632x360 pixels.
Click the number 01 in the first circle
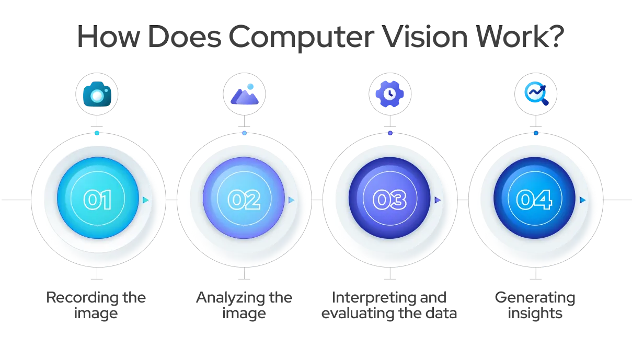tap(98, 200)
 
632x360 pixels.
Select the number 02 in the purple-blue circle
tap(244, 200)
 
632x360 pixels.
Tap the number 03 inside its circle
tap(389, 200)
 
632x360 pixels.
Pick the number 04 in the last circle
tap(534, 200)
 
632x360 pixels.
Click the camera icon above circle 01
tap(98, 95)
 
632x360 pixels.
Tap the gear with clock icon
tap(389, 94)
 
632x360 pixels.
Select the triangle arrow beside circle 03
tap(438, 200)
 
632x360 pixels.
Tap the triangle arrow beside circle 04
tap(582, 200)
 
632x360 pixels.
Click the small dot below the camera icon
tap(97, 134)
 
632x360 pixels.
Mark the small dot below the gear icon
tap(390, 134)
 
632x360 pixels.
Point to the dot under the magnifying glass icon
tap(536, 134)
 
